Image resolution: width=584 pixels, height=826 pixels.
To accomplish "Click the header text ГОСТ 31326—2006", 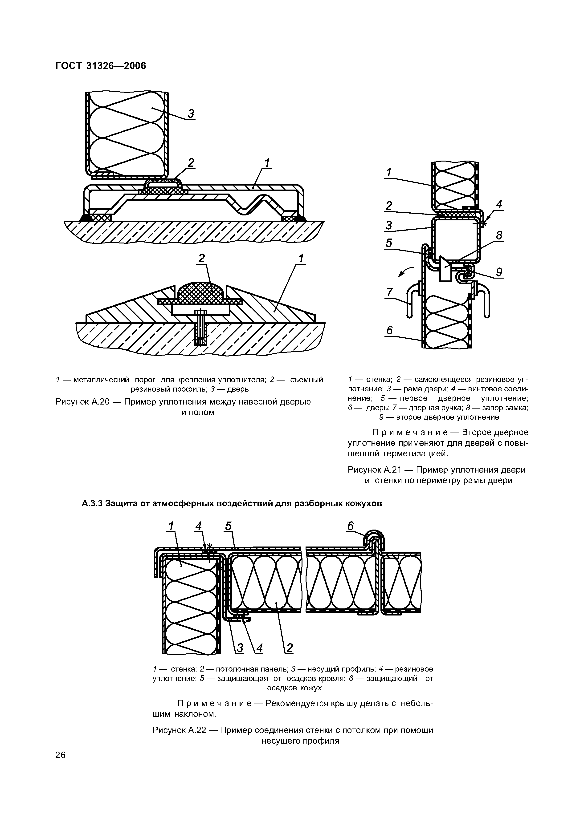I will pos(101,66).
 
